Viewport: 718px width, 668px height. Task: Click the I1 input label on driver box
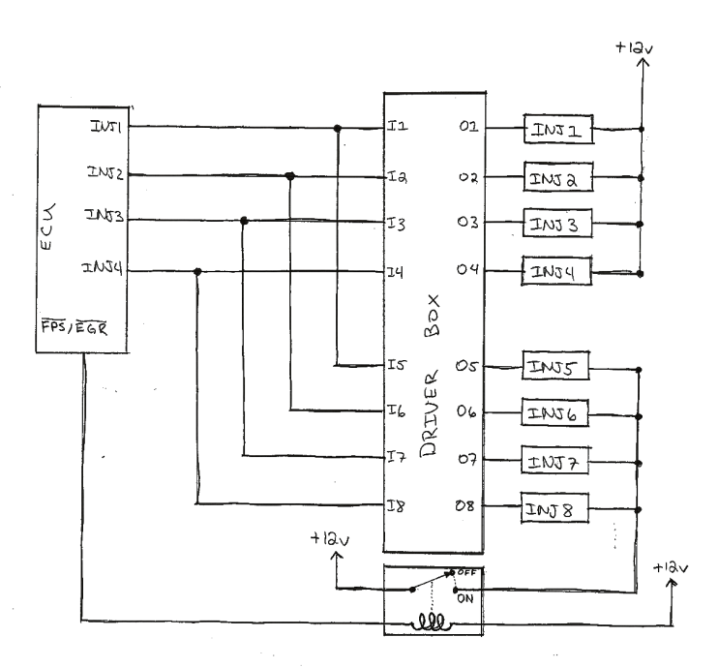click(400, 128)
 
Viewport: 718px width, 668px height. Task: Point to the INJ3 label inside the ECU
click(104, 219)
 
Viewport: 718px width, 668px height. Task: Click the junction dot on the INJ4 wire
click(197, 271)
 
